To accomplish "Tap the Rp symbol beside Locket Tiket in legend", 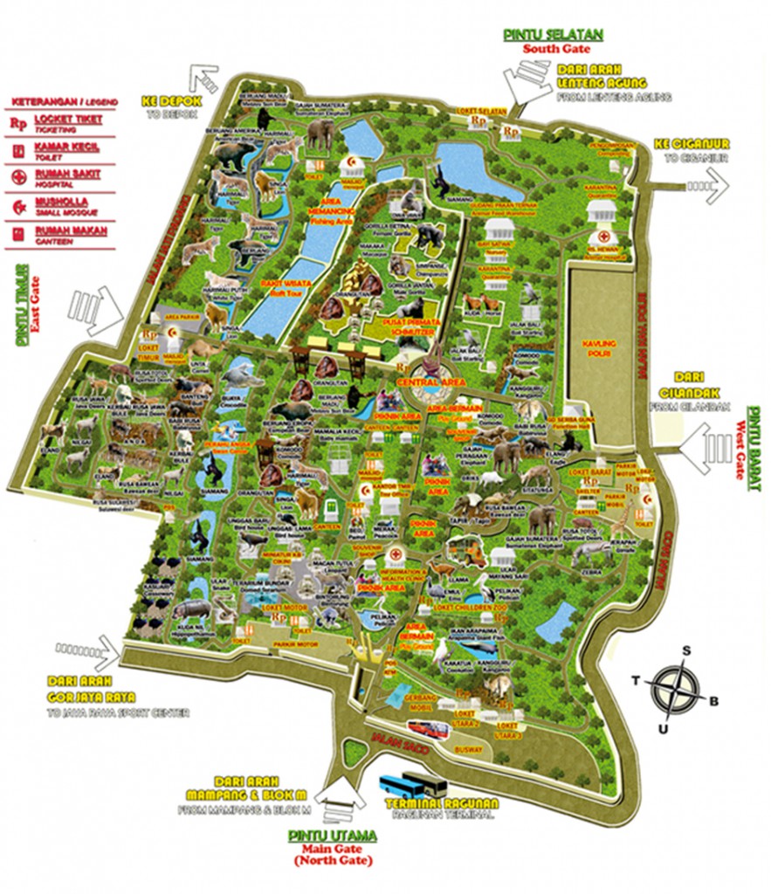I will click(17, 124).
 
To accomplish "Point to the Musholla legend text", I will click(68, 203).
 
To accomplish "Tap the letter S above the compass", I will click(686, 650).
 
